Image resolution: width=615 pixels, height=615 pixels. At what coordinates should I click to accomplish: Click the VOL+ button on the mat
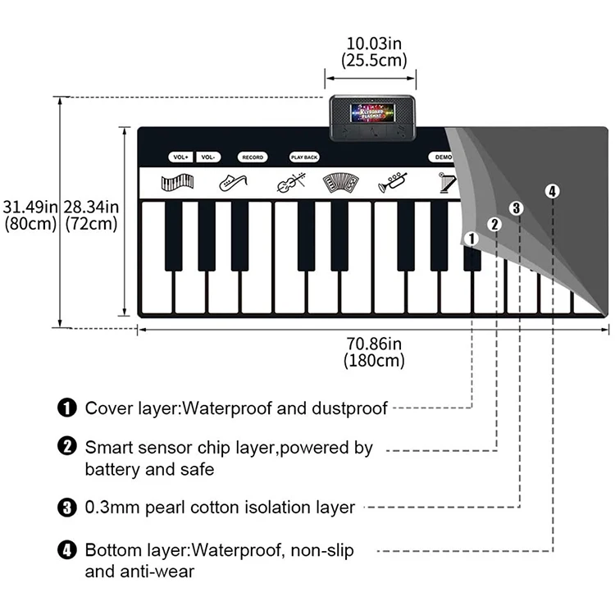(180, 157)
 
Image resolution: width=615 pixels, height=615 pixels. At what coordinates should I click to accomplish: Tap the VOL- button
(208, 157)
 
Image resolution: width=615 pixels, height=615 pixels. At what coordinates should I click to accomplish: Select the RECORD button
(253, 157)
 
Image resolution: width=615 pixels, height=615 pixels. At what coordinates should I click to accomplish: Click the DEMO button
(443, 157)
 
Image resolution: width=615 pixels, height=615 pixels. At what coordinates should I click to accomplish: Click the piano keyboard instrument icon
(177, 183)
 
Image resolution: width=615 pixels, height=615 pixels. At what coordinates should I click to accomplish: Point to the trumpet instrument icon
(392, 184)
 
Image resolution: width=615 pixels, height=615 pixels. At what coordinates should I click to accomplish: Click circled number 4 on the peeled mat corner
(552, 191)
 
